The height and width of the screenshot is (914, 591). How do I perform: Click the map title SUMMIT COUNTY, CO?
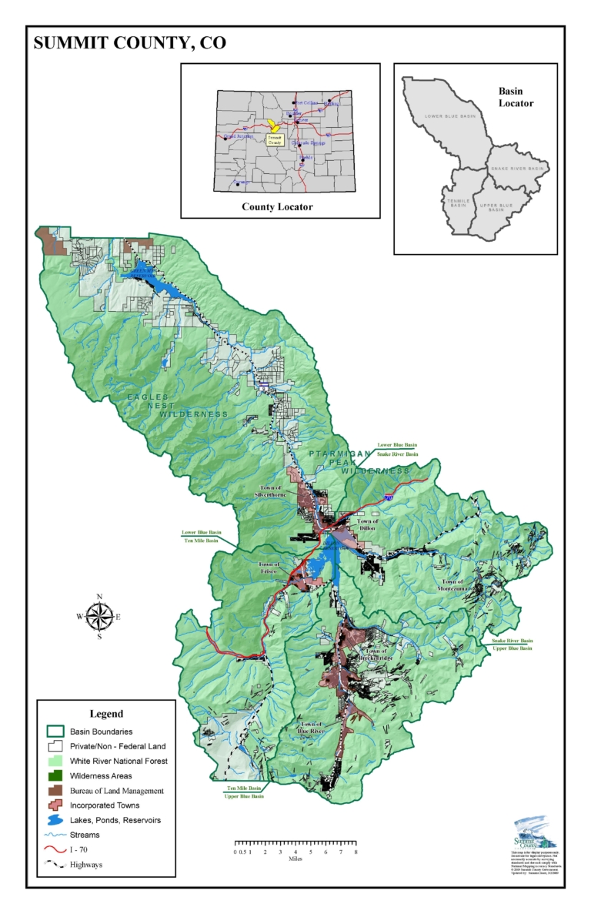(129, 43)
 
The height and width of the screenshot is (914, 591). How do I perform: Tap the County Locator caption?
(277, 206)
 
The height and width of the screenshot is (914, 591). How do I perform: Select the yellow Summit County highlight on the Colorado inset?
(274, 127)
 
